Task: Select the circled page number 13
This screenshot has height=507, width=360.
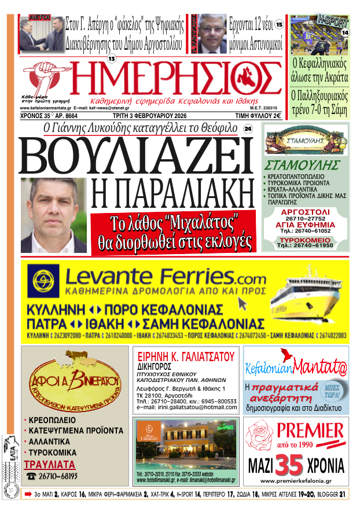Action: coord(112,58)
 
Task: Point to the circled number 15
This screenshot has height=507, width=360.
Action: coord(279,24)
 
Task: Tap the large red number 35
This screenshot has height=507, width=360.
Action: coord(289,465)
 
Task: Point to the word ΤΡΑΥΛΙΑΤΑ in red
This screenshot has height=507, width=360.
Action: coord(50,464)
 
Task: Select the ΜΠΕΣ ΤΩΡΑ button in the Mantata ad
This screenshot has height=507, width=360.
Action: coord(330,388)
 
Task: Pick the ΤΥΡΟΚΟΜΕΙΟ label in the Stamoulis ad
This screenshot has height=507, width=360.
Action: coord(305,238)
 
